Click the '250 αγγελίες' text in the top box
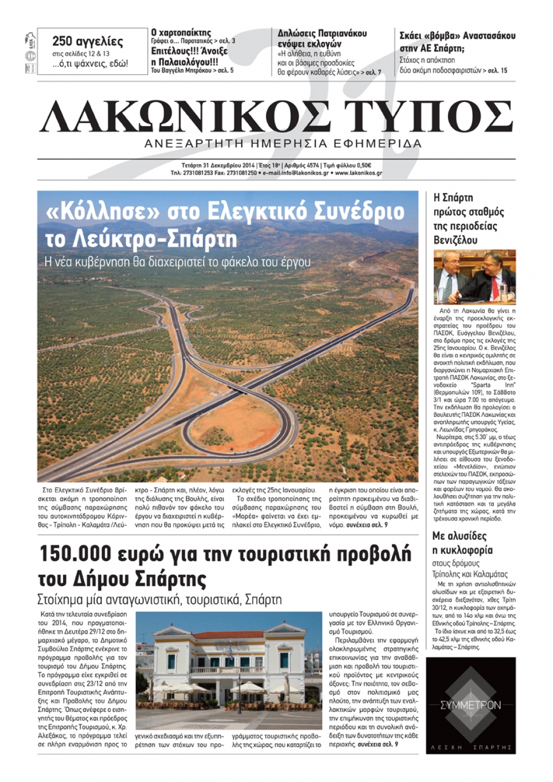tap(87, 41)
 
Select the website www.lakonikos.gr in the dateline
tap(358, 173)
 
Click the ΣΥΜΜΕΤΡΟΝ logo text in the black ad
tap(471, 705)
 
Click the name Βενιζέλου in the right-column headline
tap(455, 241)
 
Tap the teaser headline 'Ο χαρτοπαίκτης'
tap(181, 33)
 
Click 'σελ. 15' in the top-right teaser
tap(497, 70)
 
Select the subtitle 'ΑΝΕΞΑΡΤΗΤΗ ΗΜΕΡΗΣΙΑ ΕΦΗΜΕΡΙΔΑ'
tap(283, 144)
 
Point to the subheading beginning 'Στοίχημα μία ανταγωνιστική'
tap(159, 599)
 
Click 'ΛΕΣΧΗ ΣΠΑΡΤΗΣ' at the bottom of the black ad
tap(471, 747)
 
